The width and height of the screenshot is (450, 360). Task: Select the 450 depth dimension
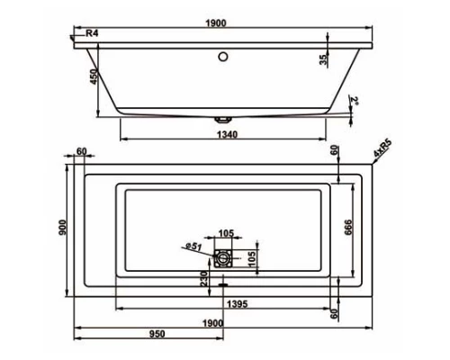pyautogui.click(x=91, y=78)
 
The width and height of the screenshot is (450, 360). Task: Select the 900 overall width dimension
pyautogui.click(x=62, y=229)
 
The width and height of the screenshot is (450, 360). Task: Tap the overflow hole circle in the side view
pyautogui.click(x=222, y=56)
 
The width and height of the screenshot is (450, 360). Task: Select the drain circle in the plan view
pyautogui.click(x=222, y=259)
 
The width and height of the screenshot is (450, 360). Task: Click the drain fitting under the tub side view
pyautogui.click(x=222, y=118)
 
